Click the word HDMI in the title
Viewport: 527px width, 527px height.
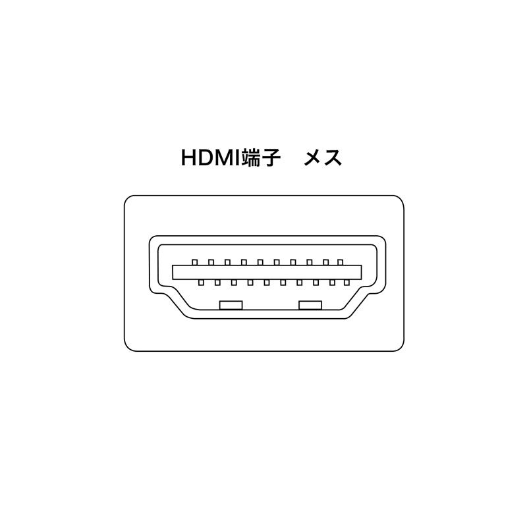click(211, 158)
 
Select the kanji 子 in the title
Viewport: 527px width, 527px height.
click(271, 158)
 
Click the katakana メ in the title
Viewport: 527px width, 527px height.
click(314, 158)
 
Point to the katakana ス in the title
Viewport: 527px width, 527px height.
click(333, 158)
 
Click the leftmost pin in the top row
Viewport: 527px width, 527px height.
click(194, 262)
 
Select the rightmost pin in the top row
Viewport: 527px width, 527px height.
click(340, 262)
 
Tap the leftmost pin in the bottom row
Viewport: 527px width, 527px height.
click(201, 283)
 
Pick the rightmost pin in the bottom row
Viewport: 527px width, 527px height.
click(347, 283)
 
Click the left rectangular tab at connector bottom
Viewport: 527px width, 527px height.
click(231, 305)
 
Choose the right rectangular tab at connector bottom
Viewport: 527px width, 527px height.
click(310, 305)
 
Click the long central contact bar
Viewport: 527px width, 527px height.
click(267, 272)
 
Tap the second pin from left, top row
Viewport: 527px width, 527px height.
click(211, 262)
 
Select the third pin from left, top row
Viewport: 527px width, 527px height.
click(227, 262)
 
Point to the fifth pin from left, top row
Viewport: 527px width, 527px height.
click(260, 262)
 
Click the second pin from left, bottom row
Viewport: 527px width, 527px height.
click(217, 283)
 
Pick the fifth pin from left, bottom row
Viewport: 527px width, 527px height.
click(267, 283)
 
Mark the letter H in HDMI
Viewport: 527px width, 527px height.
click(188, 158)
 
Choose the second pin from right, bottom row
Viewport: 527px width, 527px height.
click(332, 283)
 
